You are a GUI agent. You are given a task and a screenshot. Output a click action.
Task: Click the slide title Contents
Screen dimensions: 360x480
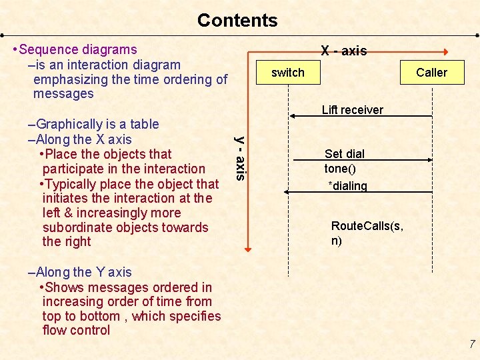237,20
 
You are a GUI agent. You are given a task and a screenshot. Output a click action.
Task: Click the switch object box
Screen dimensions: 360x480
288,73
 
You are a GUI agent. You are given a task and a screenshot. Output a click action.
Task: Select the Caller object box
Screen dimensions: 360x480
431,73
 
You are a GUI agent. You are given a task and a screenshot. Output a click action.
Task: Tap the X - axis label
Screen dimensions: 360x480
343,51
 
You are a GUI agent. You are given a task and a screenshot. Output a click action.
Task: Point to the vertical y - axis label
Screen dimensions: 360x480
241,158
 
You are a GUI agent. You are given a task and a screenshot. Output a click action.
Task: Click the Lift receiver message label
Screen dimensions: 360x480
352,110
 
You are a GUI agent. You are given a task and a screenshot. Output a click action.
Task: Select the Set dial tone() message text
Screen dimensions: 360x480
345,161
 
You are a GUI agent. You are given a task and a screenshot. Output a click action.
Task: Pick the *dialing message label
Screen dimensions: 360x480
347,186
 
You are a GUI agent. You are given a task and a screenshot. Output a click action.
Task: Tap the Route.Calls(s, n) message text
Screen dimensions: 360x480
367,233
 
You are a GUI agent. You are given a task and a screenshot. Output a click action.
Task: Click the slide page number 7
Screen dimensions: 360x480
471,344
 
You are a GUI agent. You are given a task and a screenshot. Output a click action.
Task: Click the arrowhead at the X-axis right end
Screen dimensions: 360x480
445,51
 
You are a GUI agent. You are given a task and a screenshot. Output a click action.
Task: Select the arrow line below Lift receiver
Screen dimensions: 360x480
361,117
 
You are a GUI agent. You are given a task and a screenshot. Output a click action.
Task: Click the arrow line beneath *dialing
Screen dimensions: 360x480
361,192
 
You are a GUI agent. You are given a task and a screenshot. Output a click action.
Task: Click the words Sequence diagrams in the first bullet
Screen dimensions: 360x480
78,49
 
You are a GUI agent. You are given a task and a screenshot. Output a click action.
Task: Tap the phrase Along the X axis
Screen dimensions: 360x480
83,139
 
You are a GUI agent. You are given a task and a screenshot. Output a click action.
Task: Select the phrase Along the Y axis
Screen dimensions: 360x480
83,272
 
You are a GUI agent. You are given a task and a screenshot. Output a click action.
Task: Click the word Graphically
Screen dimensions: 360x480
72,124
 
